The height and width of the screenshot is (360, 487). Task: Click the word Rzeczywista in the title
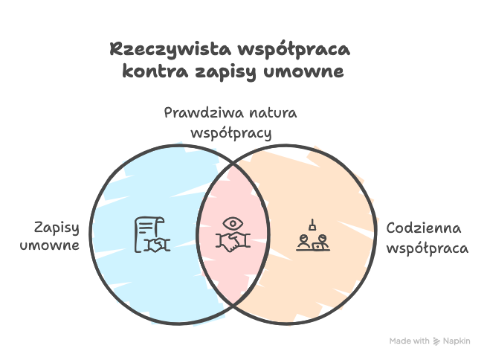pyautogui.click(x=170, y=50)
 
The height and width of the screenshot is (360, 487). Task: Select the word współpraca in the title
pyautogui.click(x=294, y=51)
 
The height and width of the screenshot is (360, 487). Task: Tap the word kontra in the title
pyautogui.click(x=155, y=71)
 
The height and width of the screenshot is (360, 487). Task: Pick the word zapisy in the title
pyautogui.click(x=226, y=72)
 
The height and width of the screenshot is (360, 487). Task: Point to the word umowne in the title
pyautogui.click(x=304, y=71)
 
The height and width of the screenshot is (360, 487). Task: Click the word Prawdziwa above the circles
pyautogui.click(x=204, y=112)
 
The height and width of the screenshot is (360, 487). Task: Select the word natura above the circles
pyautogui.click(x=274, y=112)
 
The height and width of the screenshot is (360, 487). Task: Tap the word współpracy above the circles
pyautogui.click(x=231, y=133)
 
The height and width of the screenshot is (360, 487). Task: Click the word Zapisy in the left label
pyautogui.click(x=57, y=228)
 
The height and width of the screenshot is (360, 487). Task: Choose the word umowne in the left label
pyautogui.click(x=50, y=245)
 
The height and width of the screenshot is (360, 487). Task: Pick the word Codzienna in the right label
pyautogui.click(x=424, y=228)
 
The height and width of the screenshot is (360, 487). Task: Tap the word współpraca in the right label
pyautogui.click(x=428, y=248)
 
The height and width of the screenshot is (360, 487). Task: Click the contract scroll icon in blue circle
pyautogui.click(x=152, y=234)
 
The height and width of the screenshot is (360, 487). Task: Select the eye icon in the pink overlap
pyautogui.click(x=233, y=223)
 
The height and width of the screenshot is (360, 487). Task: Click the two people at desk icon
pyautogui.click(x=313, y=242)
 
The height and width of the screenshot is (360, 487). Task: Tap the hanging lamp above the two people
pyautogui.click(x=312, y=225)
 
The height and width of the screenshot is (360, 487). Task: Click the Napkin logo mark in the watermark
pyautogui.click(x=436, y=341)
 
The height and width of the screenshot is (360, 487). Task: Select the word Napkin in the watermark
pyautogui.click(x=457, y=341)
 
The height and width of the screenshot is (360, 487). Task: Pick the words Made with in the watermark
pyautogui.click(x=409, y=341)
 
